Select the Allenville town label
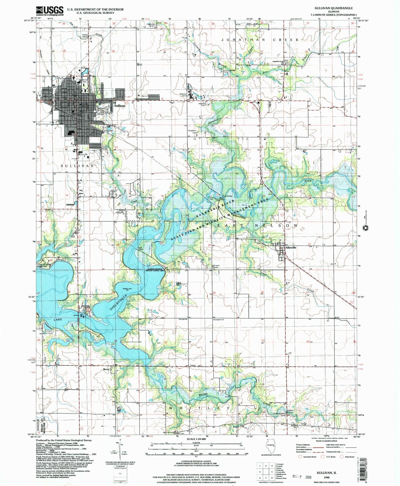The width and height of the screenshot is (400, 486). pyautogui.click(x=291, y=248)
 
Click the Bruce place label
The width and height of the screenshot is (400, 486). pyautogui.click(x=106, y=369)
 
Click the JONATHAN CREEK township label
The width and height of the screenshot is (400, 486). pyautogui.click(x=260, y=39)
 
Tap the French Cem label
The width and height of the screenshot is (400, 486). pyautogui.click(x=217, y=266)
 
